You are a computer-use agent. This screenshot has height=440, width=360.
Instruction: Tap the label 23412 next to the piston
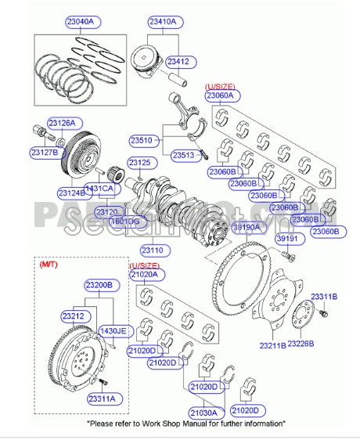pyautogui.click(x=179, y=60)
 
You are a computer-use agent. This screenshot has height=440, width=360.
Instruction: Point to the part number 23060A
pyautogui.click(x=224, y=96)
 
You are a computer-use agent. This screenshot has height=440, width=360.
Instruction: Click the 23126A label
pyautogui.click(x=62, y=123)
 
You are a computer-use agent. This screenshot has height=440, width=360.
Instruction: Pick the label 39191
pyautogui.click(x=289, y=239)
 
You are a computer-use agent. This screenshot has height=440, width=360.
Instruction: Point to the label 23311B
pyautogui.click(x=323, y=296)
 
